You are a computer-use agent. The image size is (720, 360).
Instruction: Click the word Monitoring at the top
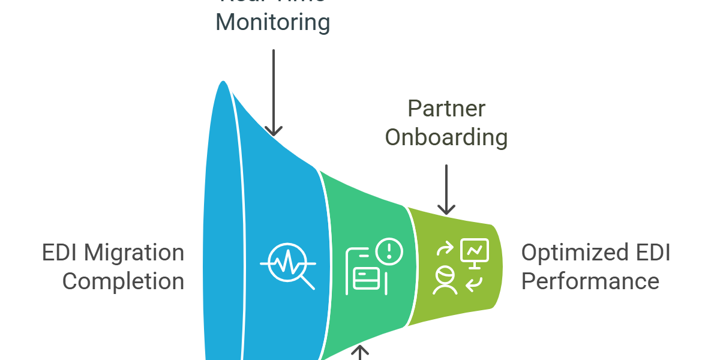(272, 23)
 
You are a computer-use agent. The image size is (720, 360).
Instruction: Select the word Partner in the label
(446, 109)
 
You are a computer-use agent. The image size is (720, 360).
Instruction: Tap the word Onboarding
(446, 137)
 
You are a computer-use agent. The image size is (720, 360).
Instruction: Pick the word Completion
(123, 281)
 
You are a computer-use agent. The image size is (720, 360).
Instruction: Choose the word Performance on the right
(590, 281)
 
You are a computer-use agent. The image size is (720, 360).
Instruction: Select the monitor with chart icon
(475, 251)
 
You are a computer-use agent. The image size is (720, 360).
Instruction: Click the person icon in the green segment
(445, 281)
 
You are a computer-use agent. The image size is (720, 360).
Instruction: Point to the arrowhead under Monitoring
(274, 130)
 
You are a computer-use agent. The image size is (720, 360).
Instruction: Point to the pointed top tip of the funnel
(224, 81)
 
